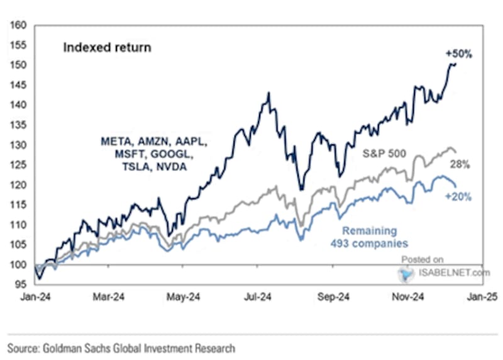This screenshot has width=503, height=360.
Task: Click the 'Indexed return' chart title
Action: (106, 48)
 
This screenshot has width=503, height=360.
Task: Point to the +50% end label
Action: (457, 54)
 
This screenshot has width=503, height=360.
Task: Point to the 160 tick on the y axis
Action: (18, 26)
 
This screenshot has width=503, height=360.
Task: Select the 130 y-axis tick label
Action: (18, 145)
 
